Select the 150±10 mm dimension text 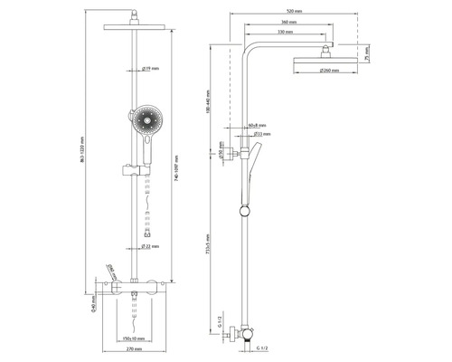(135, 337)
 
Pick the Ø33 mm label (256, 135)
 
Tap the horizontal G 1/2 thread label (262, 348)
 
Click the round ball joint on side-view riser (242, 212)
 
